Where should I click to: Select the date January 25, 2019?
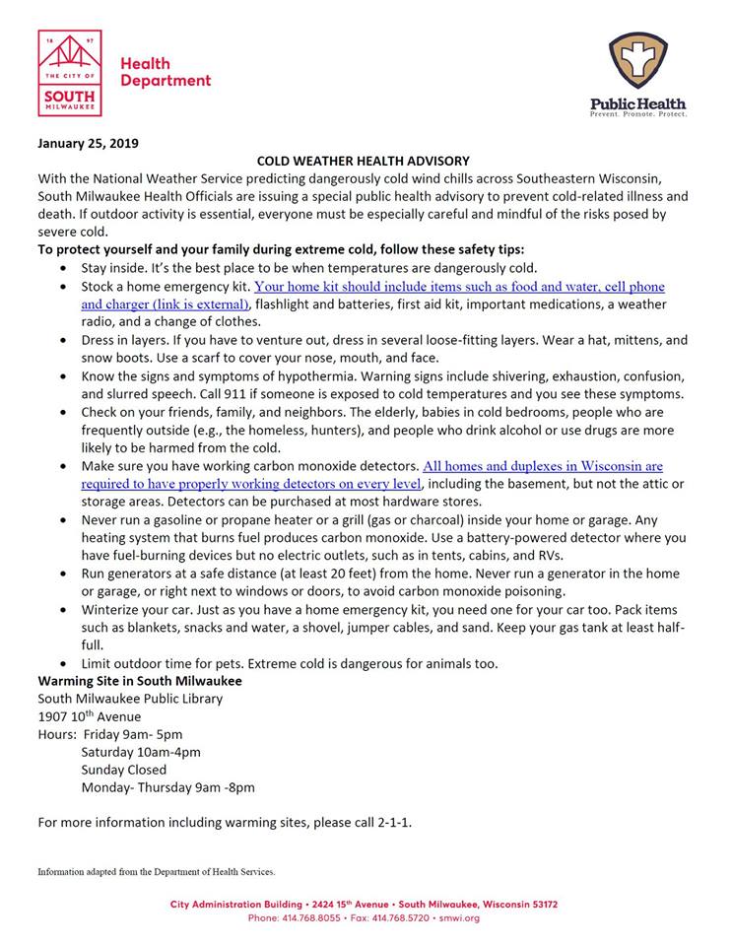coord(88,142)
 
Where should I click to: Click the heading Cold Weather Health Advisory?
coord(364,160)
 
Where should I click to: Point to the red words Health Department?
coord(165,72)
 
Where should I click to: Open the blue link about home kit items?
coord(459,287)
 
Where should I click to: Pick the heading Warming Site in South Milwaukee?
coord(140,681)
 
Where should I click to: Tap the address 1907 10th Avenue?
coord(89,716)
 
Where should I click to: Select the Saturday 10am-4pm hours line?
coord(141,752)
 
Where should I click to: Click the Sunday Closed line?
coord(124,770)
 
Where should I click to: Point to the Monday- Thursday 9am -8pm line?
coord(168,787)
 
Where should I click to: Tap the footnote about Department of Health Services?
coord(157,872)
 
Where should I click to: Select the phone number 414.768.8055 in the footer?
coord(319,917)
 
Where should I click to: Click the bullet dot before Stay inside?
coord(64,268)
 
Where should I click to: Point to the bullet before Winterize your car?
coord(64,610)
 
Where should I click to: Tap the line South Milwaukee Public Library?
coord(130,699)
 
